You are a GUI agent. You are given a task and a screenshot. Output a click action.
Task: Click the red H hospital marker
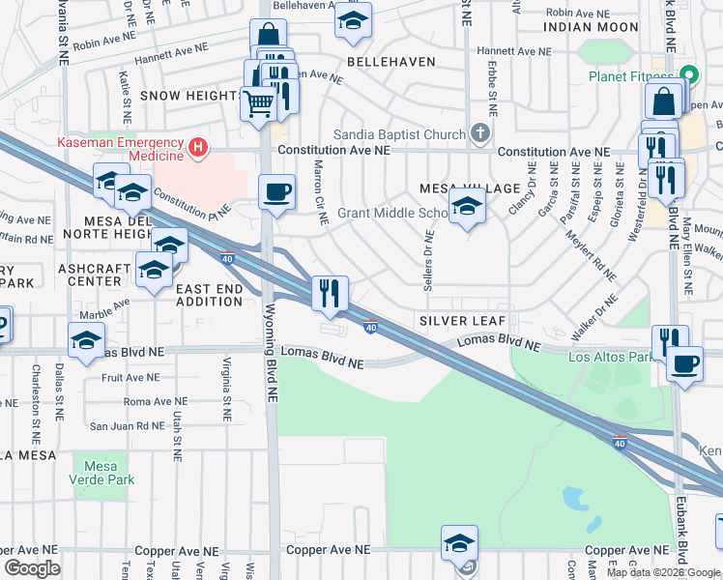(198, 147)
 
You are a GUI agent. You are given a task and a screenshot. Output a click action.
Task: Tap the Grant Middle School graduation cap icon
(468, 206)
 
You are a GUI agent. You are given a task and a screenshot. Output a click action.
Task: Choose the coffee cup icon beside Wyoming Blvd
(276, 189)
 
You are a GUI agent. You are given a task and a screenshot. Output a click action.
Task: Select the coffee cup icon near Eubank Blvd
(685, 364)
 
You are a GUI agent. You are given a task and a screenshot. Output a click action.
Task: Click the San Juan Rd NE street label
(127, 425)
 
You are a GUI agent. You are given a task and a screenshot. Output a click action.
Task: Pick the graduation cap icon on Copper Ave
(460, 543)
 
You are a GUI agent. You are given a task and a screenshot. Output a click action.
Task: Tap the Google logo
(33, 568)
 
